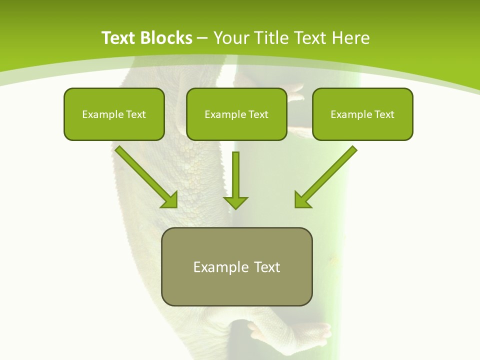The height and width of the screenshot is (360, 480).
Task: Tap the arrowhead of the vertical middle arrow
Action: [x=235, y=202]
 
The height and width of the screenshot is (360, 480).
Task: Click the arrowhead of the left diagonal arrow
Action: [x=170, y=200]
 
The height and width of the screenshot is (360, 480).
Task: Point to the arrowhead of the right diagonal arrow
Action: [x=302, y=200]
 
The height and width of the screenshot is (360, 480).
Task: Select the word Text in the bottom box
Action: [x=267, y=267]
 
